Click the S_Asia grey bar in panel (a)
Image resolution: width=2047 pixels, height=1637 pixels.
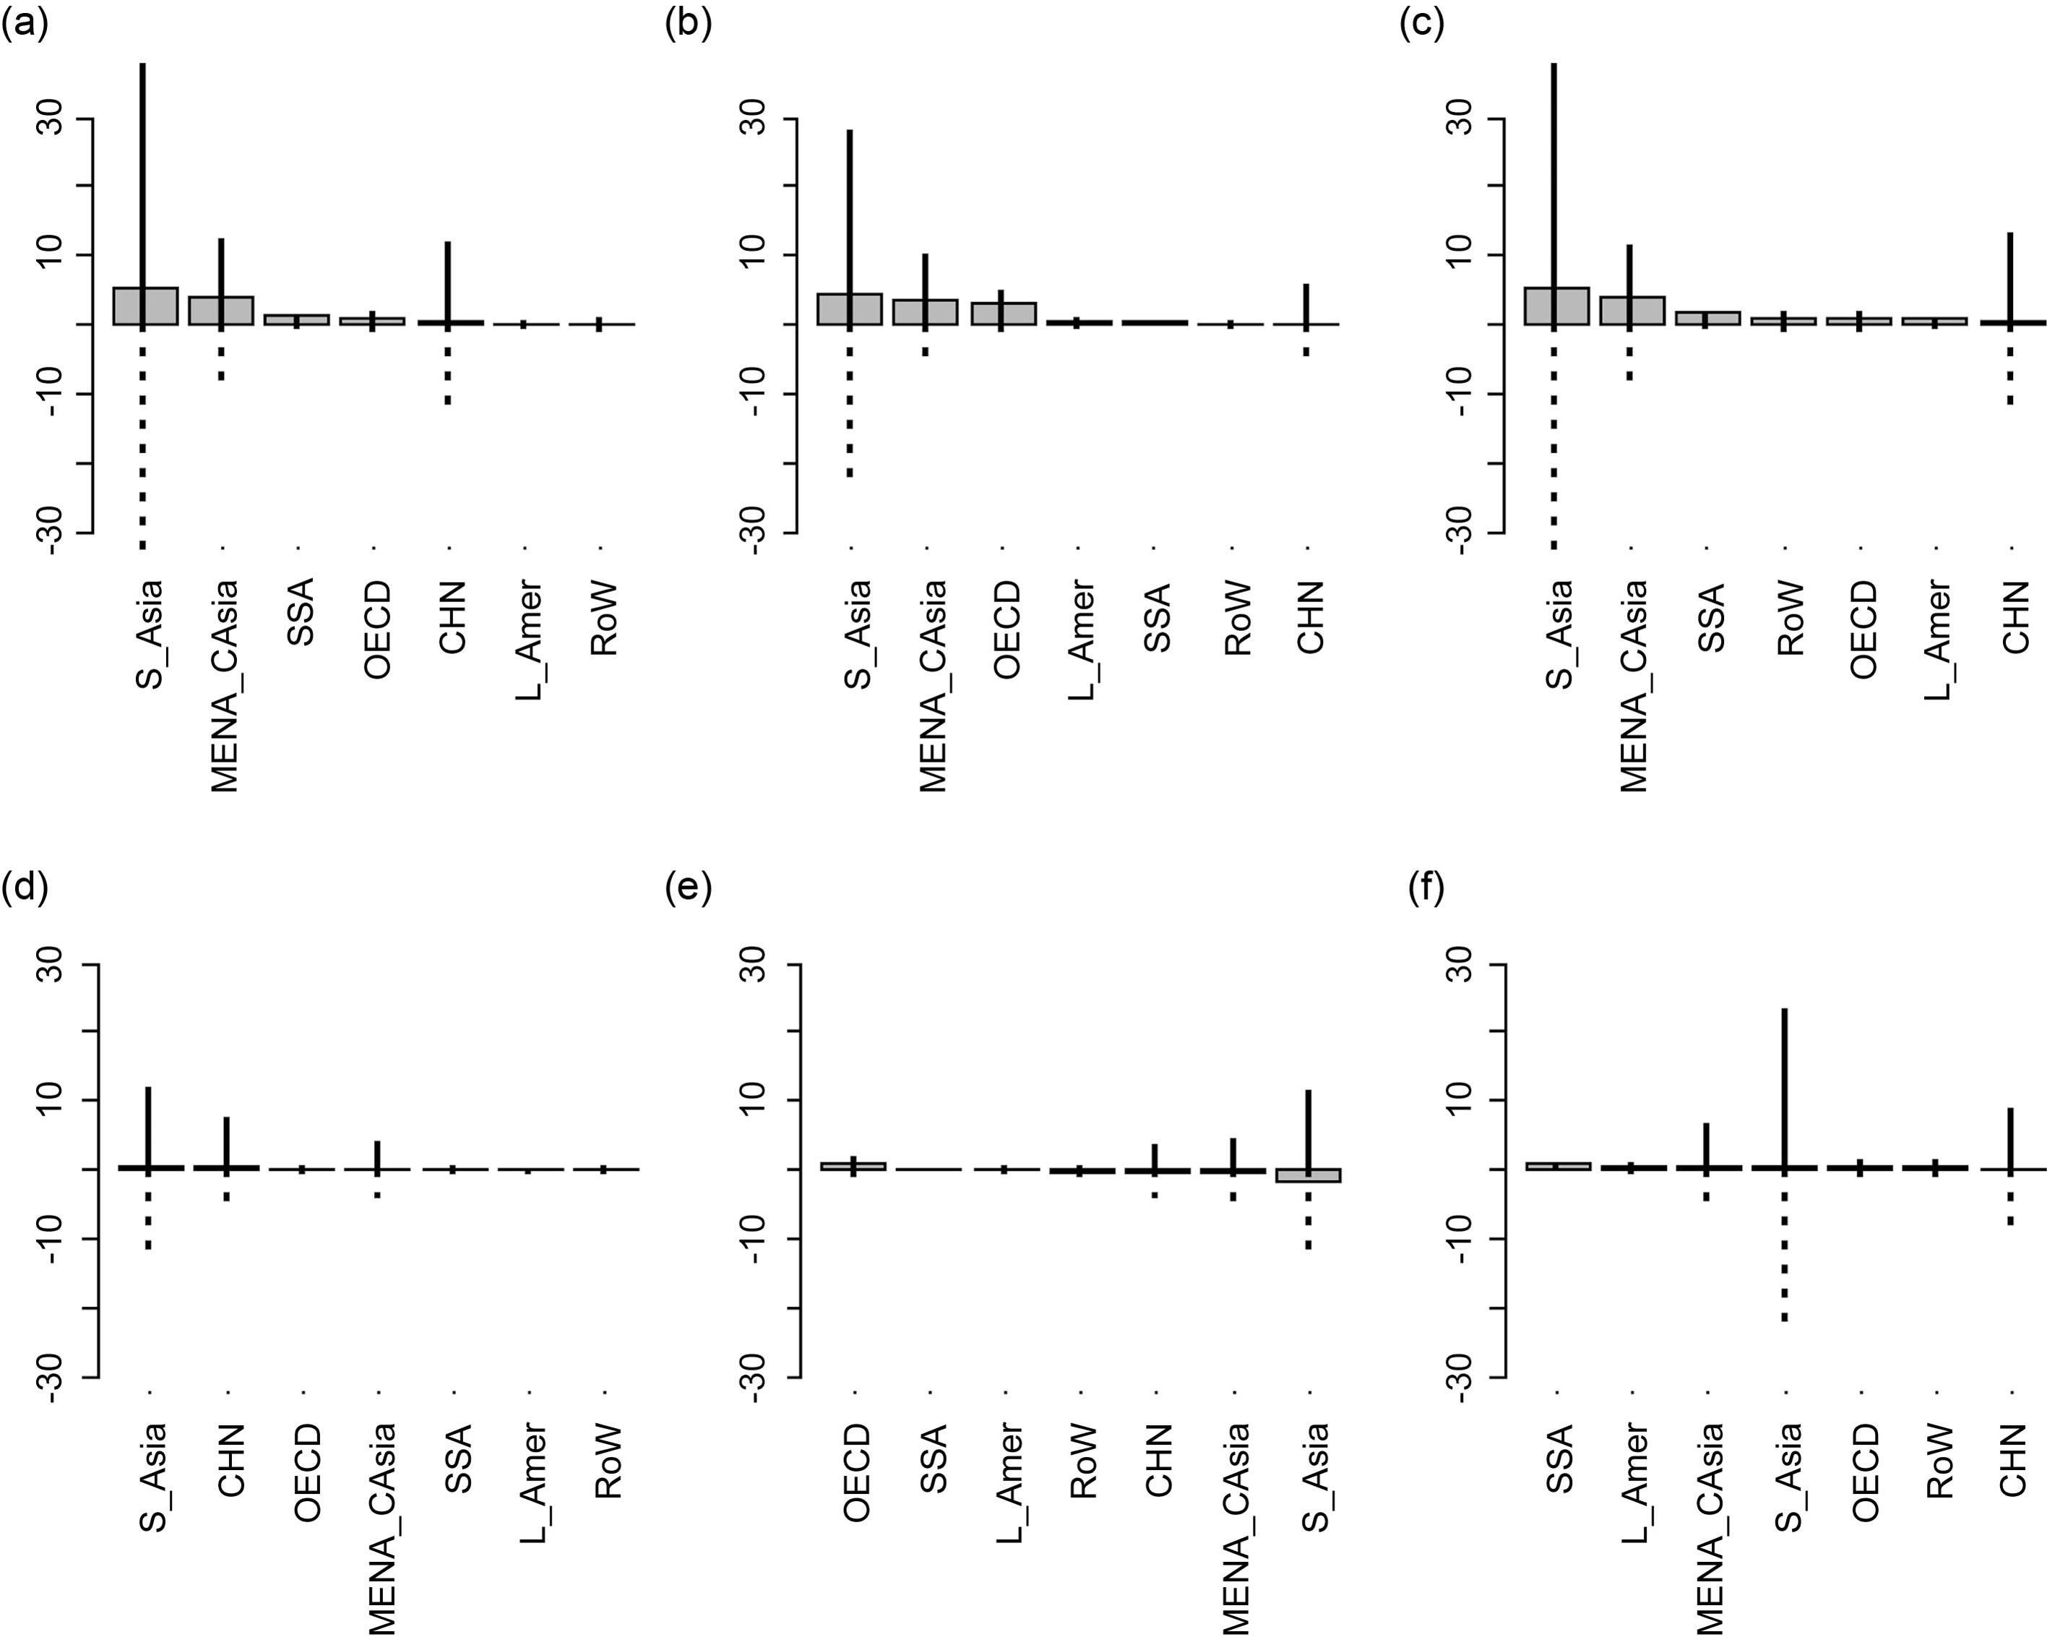[x=145, y=306]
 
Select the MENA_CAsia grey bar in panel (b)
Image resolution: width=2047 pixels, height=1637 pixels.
[x=925, y=312]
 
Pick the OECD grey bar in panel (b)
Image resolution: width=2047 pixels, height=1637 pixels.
[x=1003, y=314]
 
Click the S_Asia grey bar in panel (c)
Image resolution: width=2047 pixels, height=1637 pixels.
[x=1556, y=306]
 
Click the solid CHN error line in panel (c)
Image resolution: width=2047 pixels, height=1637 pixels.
[x=2010, y=278]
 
